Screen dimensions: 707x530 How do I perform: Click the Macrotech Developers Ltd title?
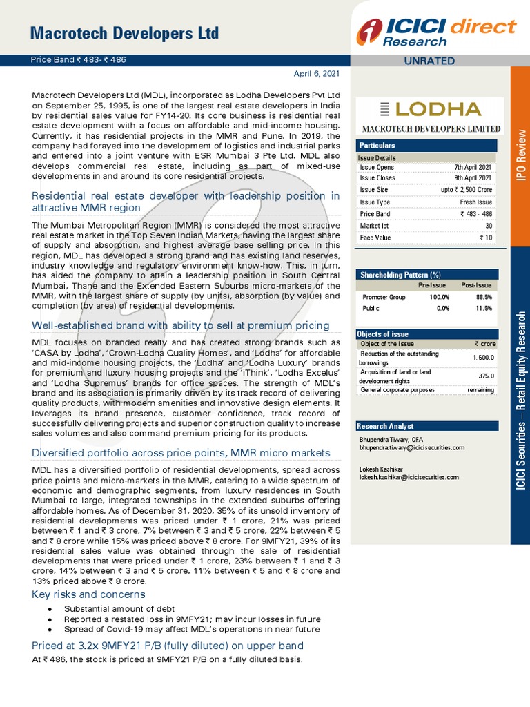coord(124,33)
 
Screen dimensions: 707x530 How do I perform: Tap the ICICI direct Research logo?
coord(435,31)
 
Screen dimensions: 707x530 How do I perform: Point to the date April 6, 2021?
coord(316,74)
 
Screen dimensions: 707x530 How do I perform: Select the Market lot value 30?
coord(489,226)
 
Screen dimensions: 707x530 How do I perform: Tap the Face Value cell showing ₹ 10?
coord(486,238)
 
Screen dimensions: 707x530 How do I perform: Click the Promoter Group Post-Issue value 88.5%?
coord(483,296)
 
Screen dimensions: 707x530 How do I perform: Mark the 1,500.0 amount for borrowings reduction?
coord(483,358)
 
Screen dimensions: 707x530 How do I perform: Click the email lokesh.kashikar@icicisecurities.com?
coord(409,476)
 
